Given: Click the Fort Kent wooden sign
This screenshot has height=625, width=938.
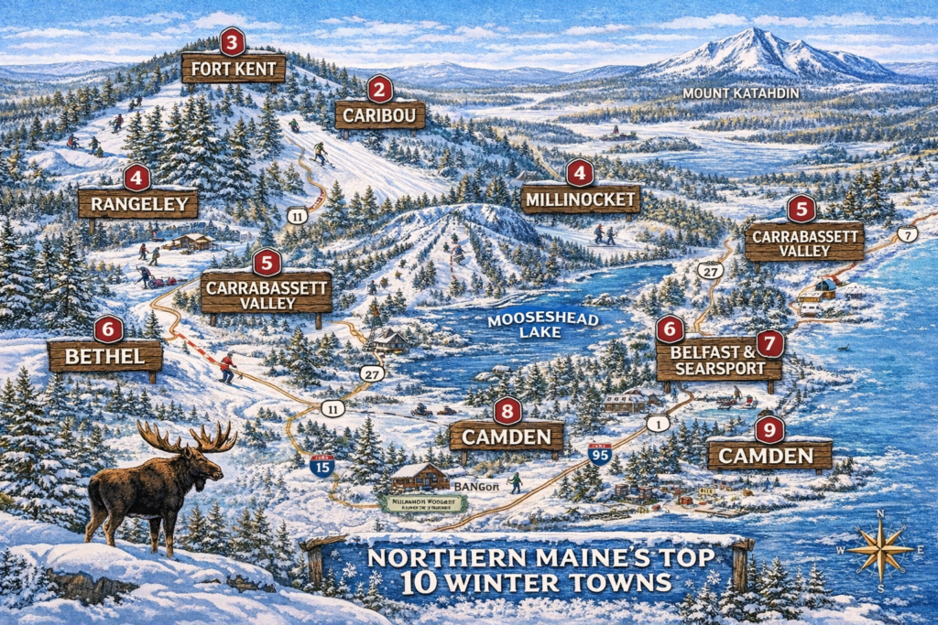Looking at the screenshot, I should pos(234,69).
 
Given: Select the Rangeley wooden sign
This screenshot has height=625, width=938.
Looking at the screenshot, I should pos(138,203).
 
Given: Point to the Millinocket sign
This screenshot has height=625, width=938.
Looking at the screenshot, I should pos(581,199).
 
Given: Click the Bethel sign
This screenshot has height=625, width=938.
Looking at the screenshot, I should pos(104,356).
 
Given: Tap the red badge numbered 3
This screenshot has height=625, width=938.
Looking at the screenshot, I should pos(232,41).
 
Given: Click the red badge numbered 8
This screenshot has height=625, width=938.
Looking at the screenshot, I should pos(507,411).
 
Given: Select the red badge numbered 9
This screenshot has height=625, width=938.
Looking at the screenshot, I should pos(769,428).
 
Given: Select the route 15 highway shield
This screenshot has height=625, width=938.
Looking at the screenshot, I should pos(322,466).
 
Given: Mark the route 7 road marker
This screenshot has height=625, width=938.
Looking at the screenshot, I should pos(907,234).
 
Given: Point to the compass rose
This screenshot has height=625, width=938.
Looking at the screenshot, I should pos(879,551).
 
